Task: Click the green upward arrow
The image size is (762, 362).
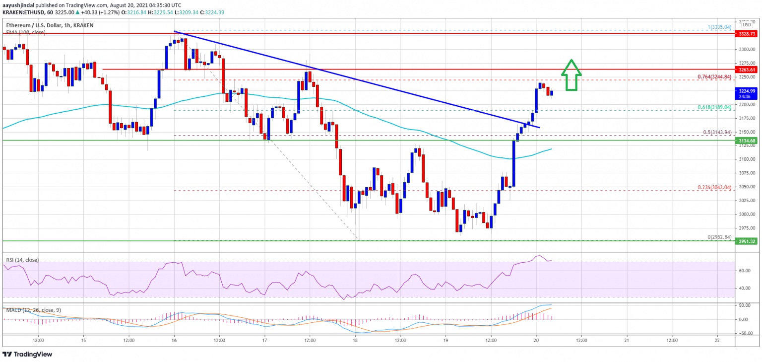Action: [571, 75]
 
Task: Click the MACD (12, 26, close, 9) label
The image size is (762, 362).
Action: [33, 310]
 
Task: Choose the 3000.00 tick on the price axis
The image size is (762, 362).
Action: [747, 215]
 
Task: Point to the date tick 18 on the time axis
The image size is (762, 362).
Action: [355, 341]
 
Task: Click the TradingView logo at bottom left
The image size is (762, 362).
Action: [27, 355]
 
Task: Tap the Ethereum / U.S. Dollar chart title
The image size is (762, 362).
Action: [50, 25]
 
